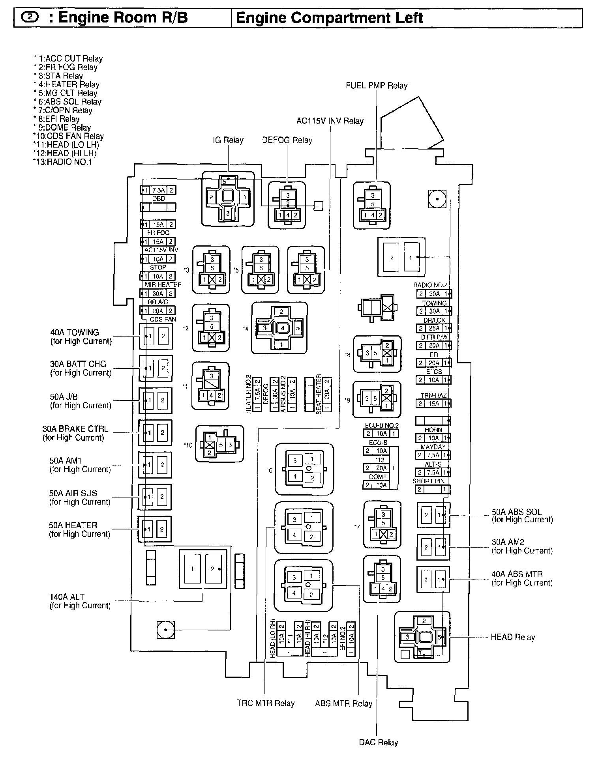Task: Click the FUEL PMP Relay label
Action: [x=376, y=86]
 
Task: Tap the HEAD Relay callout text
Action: [x=512, y=637]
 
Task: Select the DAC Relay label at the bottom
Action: [x=378, y=742]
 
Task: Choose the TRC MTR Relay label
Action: [x=266, y=703]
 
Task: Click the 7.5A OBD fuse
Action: [x=158, y=190]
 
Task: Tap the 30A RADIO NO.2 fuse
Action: [x=434, y=294]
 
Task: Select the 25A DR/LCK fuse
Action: [x=434, y=328]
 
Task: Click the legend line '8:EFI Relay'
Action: [x=58, y=119]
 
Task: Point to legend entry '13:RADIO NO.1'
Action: [x=63, y=162]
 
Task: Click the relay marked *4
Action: [x=279, y=327]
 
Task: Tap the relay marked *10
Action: [x=219, y=444]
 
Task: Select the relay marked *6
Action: [x=304, y=469]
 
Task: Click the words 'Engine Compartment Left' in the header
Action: [x=329, y=18]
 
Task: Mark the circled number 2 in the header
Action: [x=29, y=18]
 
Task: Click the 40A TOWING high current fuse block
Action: [x=156, y=336]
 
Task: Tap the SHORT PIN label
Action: [x=428, y=481]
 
